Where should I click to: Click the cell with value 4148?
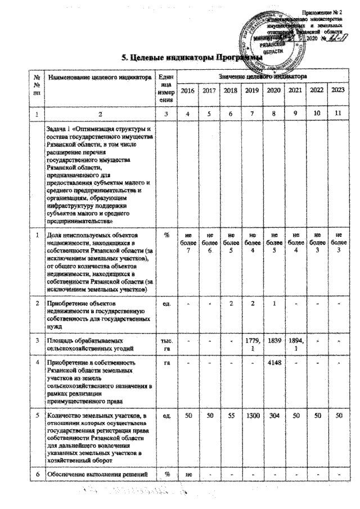pos(273,362)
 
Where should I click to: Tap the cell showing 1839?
pos(273,334)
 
